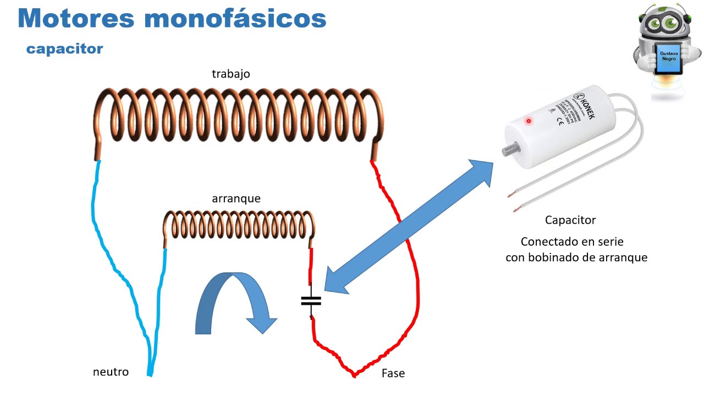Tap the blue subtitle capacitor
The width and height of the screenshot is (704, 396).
coord(64,48)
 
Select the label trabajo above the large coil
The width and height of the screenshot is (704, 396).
coord(231,74)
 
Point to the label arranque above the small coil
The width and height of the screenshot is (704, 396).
coord(236,199)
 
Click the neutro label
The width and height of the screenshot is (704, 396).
coord(111,372)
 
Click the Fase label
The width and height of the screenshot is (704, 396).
coord(393,373)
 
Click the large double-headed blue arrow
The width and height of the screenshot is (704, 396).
coord(410,226)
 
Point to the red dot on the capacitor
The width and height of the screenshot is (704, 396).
coord(529,121)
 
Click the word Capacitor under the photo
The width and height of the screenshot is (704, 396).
coord(570,220)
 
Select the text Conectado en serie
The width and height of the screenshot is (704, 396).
coord(572,241)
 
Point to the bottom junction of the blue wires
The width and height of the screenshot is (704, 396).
coord(150,374)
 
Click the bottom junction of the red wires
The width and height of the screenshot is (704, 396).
coord(354,375)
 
